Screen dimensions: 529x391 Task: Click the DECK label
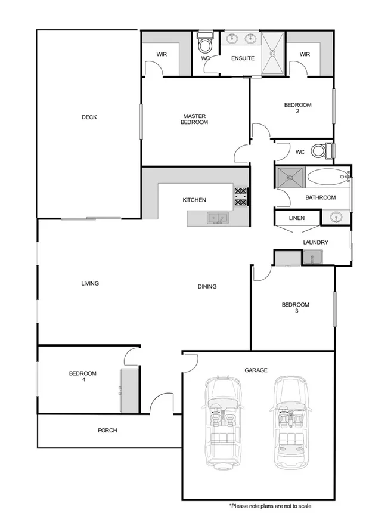click(x=89, y=117)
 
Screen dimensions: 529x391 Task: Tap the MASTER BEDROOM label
click(x=194, y=119)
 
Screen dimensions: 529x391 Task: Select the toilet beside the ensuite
click(x=206, y=44)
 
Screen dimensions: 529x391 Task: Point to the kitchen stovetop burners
click(x=241, y=197)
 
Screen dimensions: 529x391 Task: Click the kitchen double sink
click(x=218, y=219)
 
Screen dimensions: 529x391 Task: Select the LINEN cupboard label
click(x=296, y=218)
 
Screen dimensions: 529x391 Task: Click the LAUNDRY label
click(x=316, y=242)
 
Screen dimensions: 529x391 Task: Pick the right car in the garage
click(x=292, y=421)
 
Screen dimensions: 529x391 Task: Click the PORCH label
click(x=107, y=431)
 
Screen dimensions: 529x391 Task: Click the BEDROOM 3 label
click(x=296, y=308)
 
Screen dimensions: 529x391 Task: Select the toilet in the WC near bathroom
click(x=319, y=151)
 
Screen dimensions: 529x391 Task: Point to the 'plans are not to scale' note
click(x=270, y=506)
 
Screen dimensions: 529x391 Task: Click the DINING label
click(x=207, y=286)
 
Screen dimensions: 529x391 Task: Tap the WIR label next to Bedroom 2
click(x=305, y=54)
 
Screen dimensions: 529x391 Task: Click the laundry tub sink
click(x=312, y=258)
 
